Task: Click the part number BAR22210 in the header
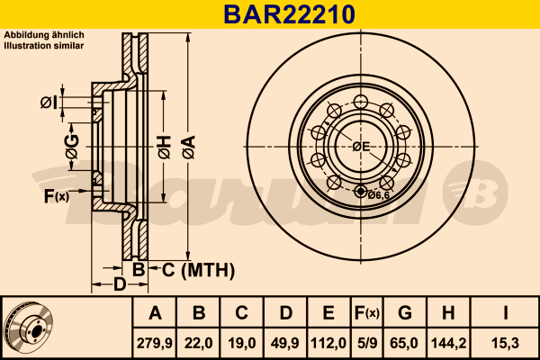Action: click(x=289, y=14)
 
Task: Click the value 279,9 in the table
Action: click(x=155, y=343)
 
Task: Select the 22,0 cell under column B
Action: click(x=198, y=343)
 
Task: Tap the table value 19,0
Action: click(x=242, y=343)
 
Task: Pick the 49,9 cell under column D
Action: click(x=285, y=343)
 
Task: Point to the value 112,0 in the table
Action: click(x=328, y=343)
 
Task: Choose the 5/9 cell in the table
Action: click(x=367, y=343)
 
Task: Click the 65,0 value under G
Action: click(x=404, y=343)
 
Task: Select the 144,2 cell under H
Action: click(x=448, y=343)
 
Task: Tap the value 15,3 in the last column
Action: click(x=505, y=343)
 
